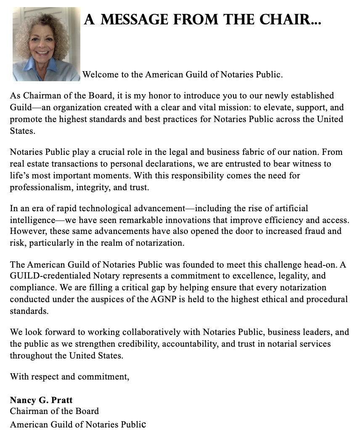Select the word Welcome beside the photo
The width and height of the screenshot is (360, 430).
coord(99,75)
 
